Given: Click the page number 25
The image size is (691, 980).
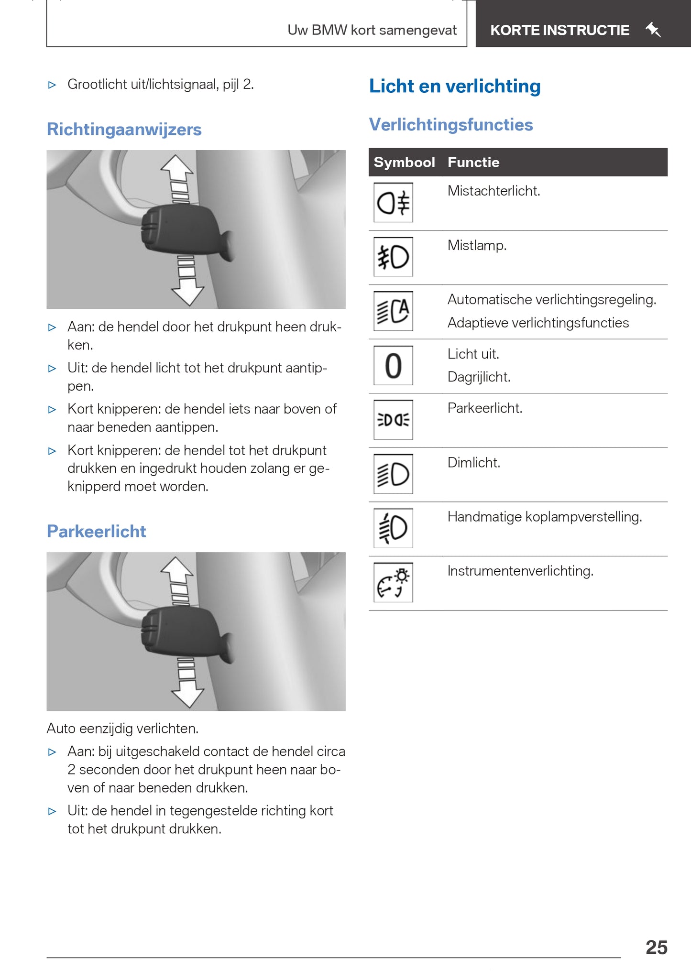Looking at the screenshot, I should pos(656,947).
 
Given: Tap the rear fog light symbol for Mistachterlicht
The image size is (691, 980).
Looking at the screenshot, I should pos(393,203).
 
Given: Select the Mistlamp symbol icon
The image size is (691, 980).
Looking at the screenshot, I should pos(393,257).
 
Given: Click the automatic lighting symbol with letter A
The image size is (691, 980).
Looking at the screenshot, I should pos(393,311).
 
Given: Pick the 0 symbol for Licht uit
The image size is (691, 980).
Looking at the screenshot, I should pos(393,366).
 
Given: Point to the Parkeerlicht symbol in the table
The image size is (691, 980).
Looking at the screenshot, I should pos(393,420).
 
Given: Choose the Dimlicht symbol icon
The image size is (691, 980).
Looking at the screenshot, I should pos(393,474).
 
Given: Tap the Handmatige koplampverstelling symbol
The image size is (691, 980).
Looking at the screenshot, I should pos(393,528).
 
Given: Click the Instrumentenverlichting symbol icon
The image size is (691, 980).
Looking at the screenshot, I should pos(393,582).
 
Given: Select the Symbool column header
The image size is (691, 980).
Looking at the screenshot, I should pos(404,163).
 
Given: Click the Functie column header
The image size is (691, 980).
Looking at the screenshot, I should pos(473,163).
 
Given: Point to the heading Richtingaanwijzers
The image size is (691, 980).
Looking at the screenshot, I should pos(124,130).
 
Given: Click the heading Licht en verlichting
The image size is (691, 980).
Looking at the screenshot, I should pos(455,87).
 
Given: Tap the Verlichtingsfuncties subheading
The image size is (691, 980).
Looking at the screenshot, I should pos(451,125).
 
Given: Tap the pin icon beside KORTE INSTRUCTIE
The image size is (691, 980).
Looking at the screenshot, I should pos(653,30).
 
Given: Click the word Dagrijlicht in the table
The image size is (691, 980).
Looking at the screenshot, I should pos(479,377).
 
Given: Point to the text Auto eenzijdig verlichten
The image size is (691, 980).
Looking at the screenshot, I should pos(122,729).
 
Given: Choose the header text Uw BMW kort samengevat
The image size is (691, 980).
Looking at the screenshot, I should pos(372,30).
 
